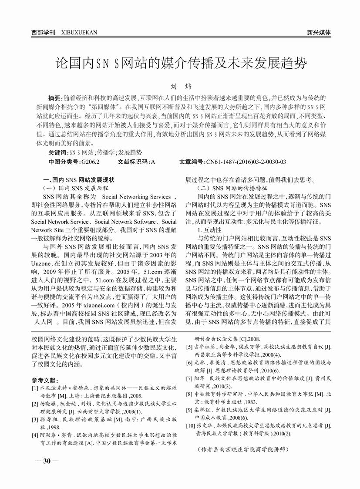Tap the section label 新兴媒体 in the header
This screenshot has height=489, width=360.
point(319,32)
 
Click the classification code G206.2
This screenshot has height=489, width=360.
point(90,162)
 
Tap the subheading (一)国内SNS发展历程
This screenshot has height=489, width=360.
point(77,188)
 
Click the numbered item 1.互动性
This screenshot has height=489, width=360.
point(210,229)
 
